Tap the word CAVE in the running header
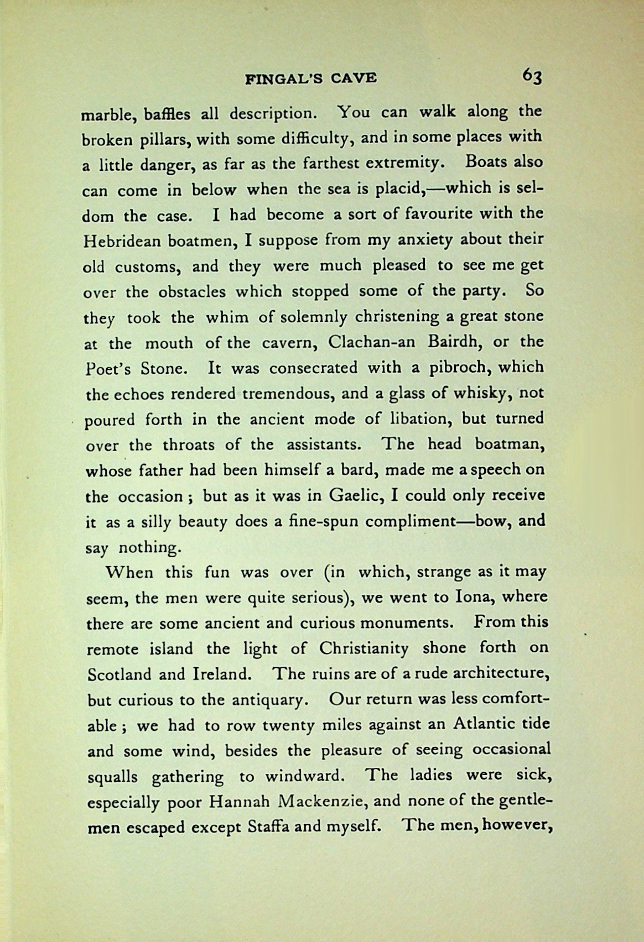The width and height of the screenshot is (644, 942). coord(354,78)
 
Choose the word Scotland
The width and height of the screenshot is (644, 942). coord(119,674)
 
